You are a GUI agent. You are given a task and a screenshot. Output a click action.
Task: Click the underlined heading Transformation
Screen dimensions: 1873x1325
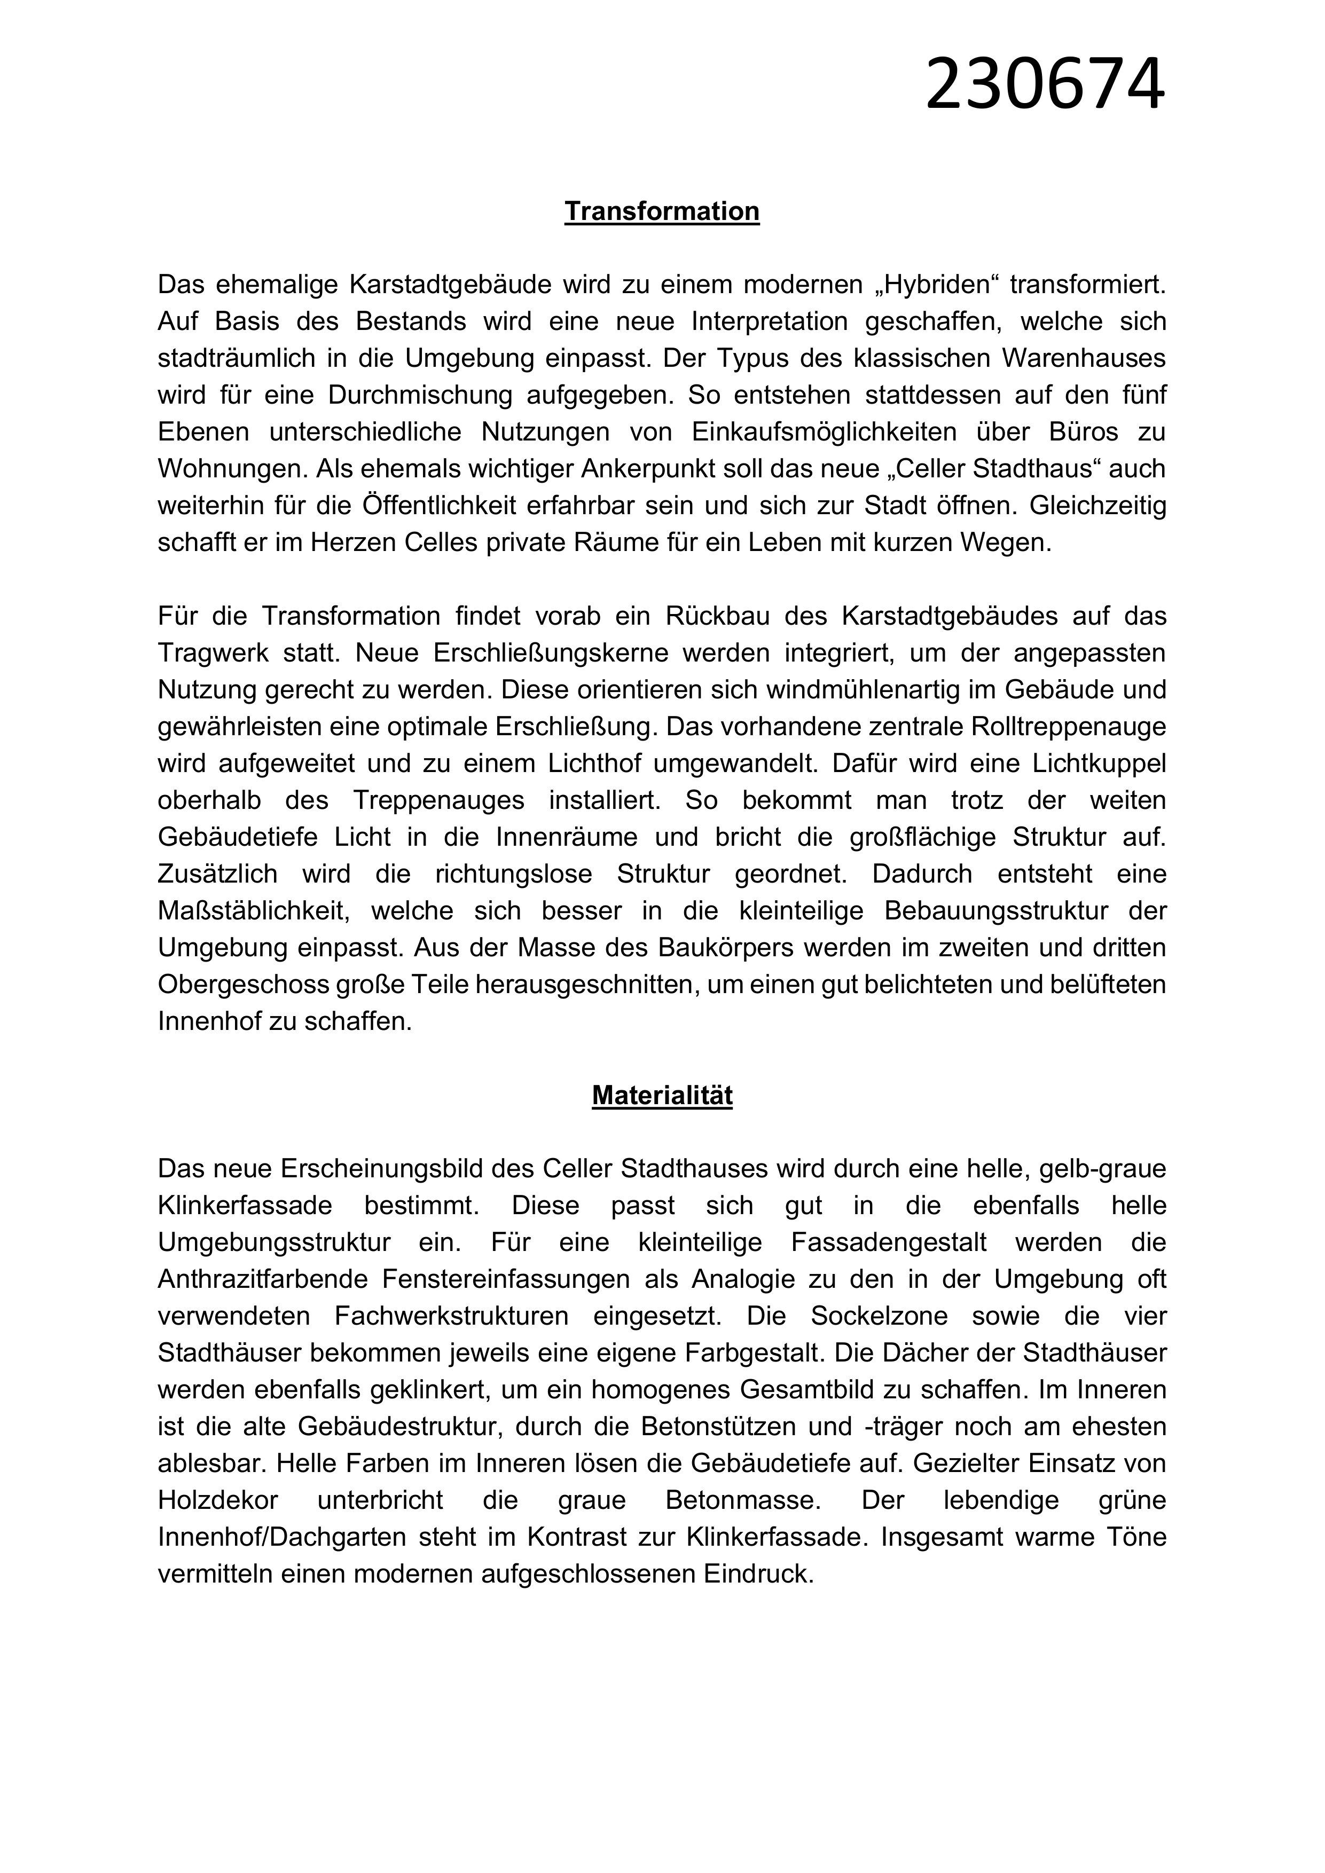coord(662,211)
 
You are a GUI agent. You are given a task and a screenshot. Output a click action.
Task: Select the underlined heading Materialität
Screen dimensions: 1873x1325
coord(662,1095)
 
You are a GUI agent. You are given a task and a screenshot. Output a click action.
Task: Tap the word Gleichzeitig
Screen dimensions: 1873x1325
coord(1097,506)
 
